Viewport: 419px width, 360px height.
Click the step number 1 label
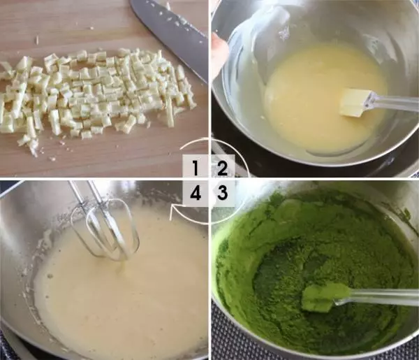[x=196, y=168]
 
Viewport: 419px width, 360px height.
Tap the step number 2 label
[x=222, y=168]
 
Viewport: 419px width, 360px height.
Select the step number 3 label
[x=222, y=192]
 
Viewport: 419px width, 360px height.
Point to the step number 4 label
[x=196, y=192]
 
